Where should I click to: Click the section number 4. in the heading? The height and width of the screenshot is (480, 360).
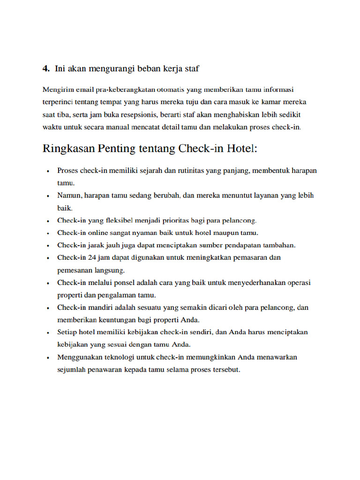click(x=46, y=69)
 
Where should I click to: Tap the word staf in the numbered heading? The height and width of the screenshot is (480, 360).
click(x=192, y=69)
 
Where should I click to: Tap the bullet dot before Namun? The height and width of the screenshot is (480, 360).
click(x=49, y=196)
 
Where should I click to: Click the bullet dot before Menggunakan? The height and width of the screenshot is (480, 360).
click(x=49, y=358)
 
